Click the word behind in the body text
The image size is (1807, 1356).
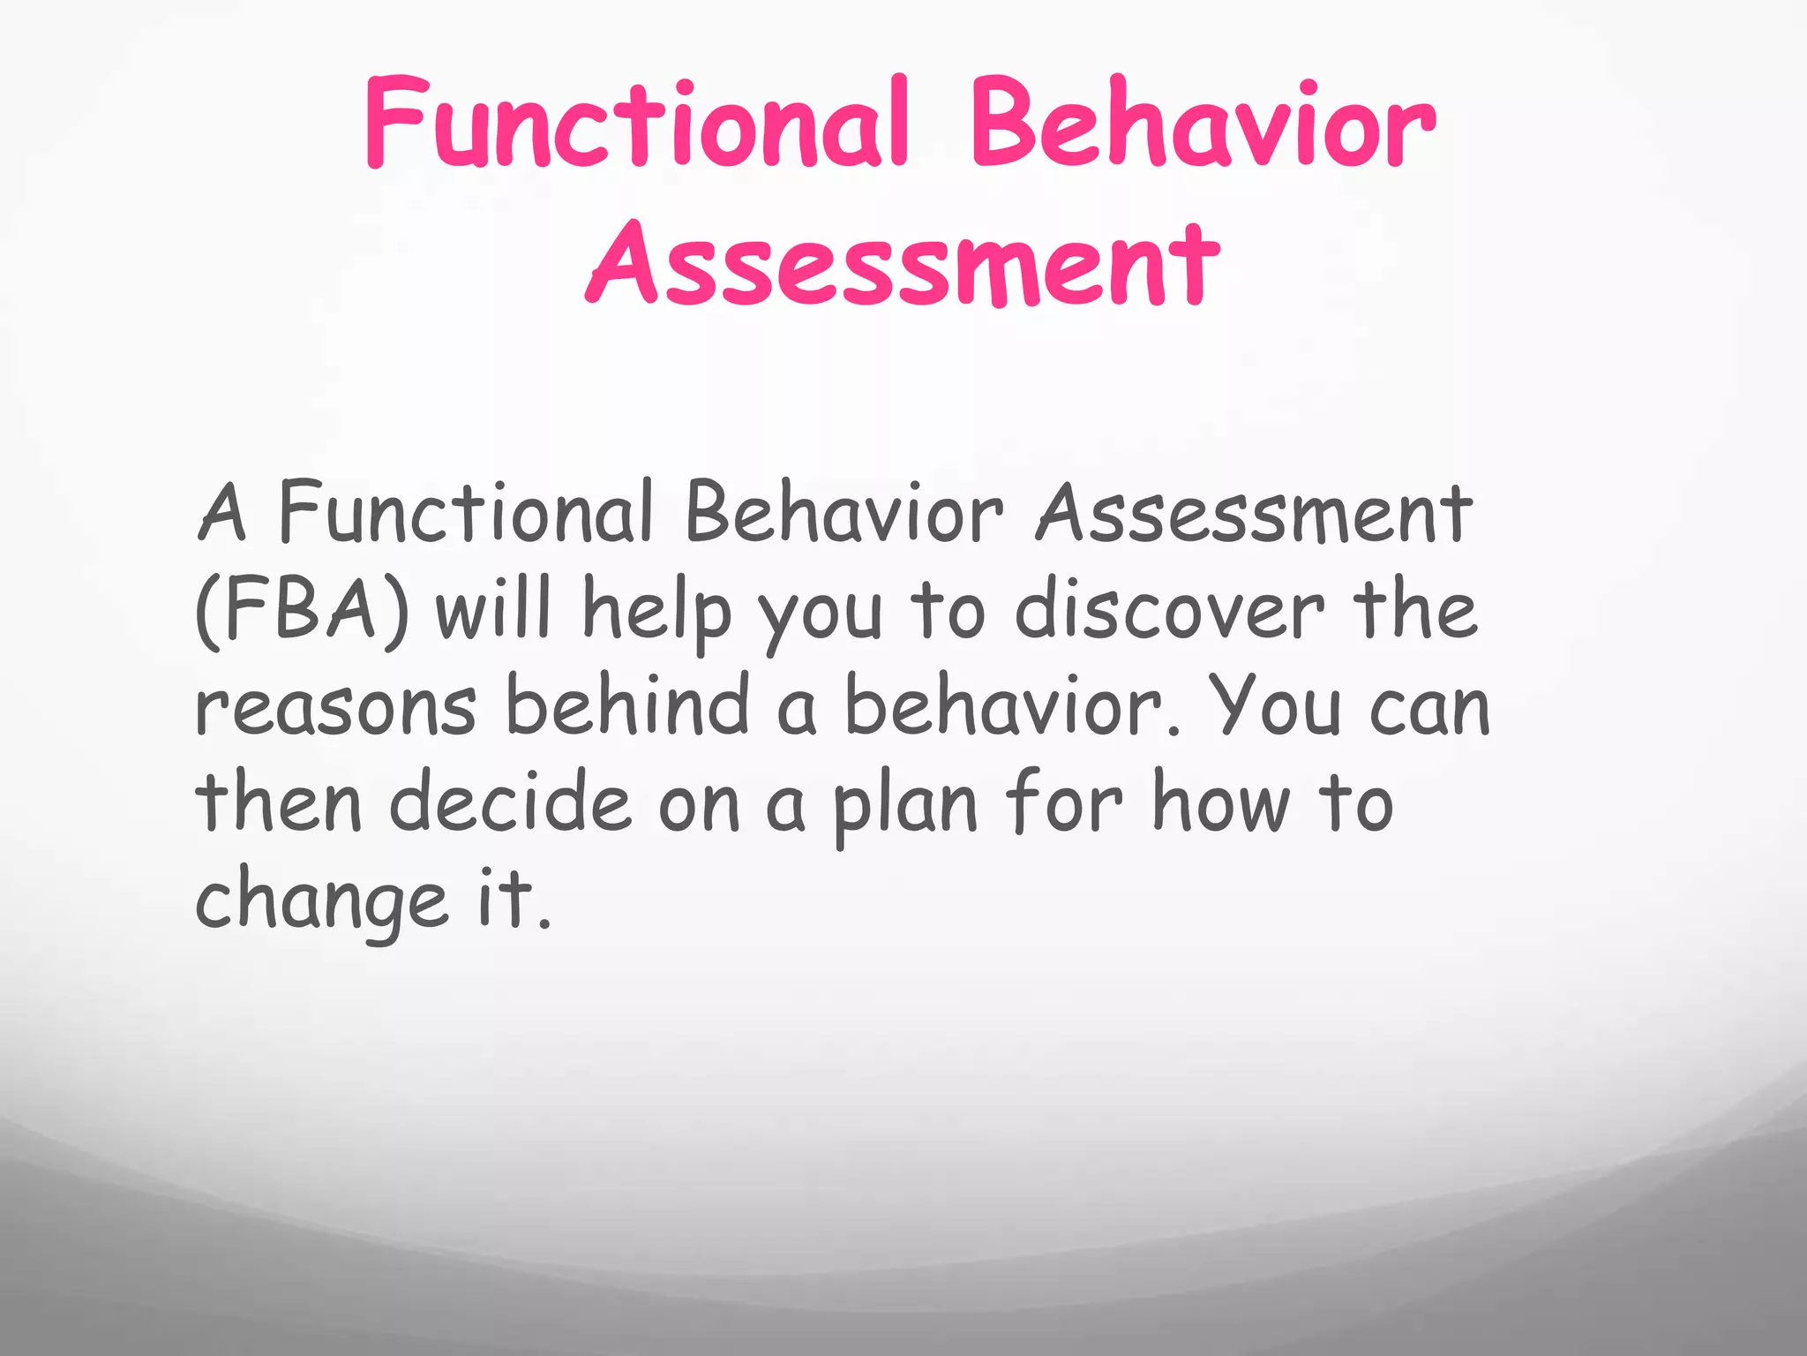tap(627, 706)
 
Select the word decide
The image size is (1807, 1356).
tap(511, 802)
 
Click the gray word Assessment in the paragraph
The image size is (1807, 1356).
tap(1254, 514)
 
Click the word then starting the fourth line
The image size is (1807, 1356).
tap(279, 802)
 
